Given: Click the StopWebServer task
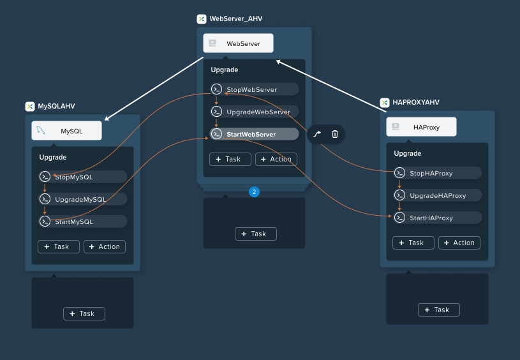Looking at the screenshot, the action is click(x=255, y=89).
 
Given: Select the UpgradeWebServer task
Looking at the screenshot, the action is click(x=255, y=112).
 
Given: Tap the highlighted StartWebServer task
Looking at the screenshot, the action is click(x=255, y=134).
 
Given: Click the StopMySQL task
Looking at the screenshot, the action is click(x=83, y=177).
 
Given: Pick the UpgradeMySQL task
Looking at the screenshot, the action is click(x=83, y=199).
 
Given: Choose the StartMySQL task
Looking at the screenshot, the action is click(x=83, y=221).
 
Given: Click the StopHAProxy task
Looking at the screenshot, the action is click(x=438, y=173).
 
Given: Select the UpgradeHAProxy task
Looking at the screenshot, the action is click(x=438, y=195).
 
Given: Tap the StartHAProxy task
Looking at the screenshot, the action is click(x=438, y=218).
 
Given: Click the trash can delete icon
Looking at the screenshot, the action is click(x=335, y=133).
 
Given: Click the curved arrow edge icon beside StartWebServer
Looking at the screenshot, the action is click(x=317, y=134).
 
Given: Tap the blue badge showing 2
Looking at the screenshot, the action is click(x=255, y=191).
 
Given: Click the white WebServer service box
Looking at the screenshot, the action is click(x=238, y=43).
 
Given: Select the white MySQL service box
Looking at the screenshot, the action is click(x=66, y=130).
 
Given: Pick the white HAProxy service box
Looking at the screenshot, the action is click(x=421, y=127).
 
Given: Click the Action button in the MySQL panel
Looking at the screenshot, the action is click(x=105, y=246).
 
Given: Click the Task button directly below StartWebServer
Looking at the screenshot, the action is click(x=230, y=160).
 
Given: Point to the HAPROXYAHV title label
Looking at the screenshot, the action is click(x=416, y=102).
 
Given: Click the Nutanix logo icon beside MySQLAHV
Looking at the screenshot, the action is click(x=30, y=107).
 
